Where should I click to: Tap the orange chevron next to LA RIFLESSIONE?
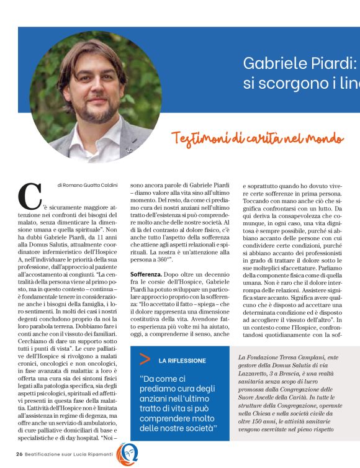tap(145, 358)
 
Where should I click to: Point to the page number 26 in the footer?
tap(19, 454)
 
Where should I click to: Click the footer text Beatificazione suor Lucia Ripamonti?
tap(70, 454)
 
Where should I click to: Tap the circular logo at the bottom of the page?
tap(127, 454)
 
